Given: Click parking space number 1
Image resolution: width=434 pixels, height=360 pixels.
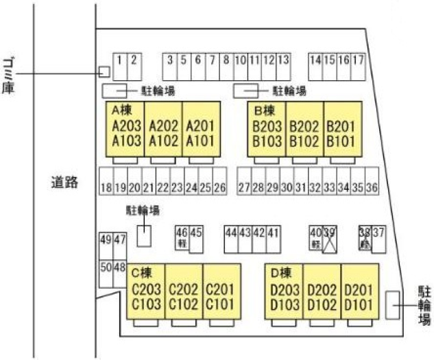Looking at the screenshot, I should pyautogui.click(x=119, y=66).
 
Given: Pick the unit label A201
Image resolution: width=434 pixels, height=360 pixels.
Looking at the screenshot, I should pyautogui.click(x=201, y=125).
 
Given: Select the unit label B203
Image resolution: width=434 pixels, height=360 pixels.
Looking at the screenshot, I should pyautogui.click(x=267, y=126).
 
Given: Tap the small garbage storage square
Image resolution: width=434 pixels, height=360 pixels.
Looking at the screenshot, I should pyautogui.click(x=104, y=71).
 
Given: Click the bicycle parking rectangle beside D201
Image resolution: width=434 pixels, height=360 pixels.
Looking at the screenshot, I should pyautogui.click(x=392, y=304).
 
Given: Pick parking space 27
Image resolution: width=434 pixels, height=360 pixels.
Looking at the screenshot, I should pyautogui.click(x=243, y=187).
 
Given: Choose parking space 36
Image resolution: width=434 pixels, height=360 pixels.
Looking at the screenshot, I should pyautogui.click(x=372, y=187).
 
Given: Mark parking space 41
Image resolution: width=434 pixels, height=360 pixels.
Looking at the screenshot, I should pyautogui.click(x=273, y=233).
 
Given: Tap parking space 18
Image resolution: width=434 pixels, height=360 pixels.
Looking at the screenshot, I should pyautogui.click(x=106, y=187).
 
